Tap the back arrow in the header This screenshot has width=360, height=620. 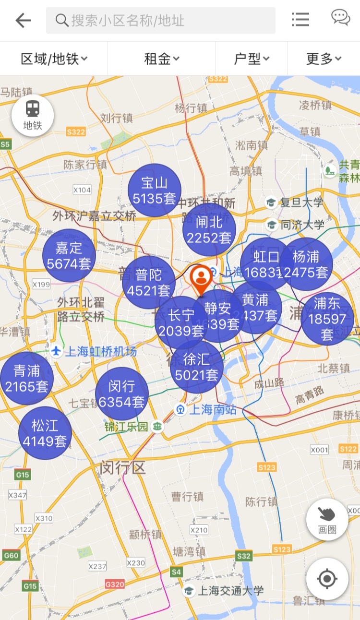tap(23, 20)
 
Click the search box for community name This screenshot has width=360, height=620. tap(160, 20)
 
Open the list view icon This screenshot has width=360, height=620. tap(300, 20)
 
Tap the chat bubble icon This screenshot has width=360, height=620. tap(340, 18)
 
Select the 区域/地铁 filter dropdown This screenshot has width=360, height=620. tap(54, 59)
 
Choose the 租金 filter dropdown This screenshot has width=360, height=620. tap(162, 59)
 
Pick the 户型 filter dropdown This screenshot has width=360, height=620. tap(252, 59)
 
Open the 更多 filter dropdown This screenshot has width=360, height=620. tap(324, 59)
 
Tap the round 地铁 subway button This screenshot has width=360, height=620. tap(33, 115)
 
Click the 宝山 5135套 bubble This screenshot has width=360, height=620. tap(155, 190)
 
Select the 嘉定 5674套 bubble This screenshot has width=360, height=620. tap(69, 255)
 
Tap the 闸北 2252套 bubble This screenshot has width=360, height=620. tap(209, 229)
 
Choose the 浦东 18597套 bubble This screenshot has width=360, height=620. tap(327, 319)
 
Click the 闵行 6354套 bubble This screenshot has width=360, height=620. tap(121, 394)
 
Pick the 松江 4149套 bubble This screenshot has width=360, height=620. tap(45, 433)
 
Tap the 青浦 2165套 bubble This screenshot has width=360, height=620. tap(26, 378)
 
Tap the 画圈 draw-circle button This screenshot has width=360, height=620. tap(327, 519)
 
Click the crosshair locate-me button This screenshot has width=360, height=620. tap(327, 579)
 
